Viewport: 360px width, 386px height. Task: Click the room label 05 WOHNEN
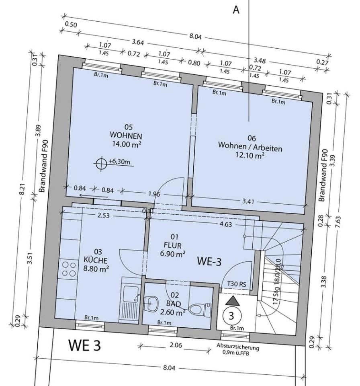pos(126,131)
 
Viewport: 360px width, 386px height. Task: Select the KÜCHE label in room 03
pos(96,260)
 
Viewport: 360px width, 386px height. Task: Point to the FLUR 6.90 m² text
pos(173,249)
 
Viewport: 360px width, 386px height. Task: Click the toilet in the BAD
pos(199,309)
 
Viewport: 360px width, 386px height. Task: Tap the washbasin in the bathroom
pos(150,303)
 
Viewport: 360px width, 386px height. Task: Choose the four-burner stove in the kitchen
pos(69,269)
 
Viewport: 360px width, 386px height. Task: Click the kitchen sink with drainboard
pos(131,304)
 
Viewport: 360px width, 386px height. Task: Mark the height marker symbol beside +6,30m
pos(101,162)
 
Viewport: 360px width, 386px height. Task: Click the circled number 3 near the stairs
pos(231,316)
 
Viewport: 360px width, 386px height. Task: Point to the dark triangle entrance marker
pos(233,301)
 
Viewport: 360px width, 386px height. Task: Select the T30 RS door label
pos(237,284)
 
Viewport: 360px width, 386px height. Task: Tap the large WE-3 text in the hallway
pos(209,261)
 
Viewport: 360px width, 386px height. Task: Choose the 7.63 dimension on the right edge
pos(337,222)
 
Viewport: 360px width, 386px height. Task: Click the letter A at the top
pos(236,10)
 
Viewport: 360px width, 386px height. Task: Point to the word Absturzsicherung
pos(238,347)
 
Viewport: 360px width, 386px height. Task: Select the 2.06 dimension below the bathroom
pos(176,345)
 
